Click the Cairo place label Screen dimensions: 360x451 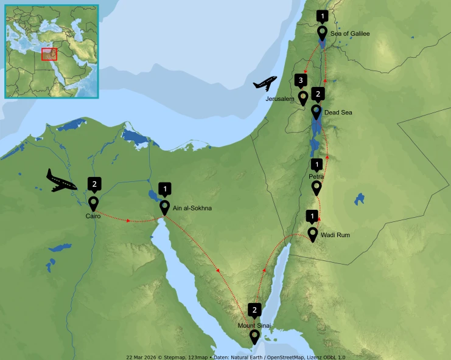(x=93, y=216)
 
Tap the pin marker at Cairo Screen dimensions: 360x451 (x=93, y=202)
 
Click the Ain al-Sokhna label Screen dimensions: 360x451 (x=192, y=209)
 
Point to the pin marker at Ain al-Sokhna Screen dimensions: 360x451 (x=164, y=207)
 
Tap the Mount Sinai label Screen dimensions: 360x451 (x=254, y=325)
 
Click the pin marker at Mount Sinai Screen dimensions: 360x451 (x=254, y=336)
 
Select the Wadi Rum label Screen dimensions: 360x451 (x=335, y=234)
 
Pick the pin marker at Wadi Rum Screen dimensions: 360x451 (x=312, y=234)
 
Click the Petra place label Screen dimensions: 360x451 (x=316, y=176)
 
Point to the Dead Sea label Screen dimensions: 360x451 (x=338, y=112)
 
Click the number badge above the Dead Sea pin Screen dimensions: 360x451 (x=316, y=94)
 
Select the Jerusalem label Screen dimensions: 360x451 (x=280, y=98)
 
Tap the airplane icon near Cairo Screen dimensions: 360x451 (x=61, y=180)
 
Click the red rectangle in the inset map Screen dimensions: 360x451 (x=49, y=54)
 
